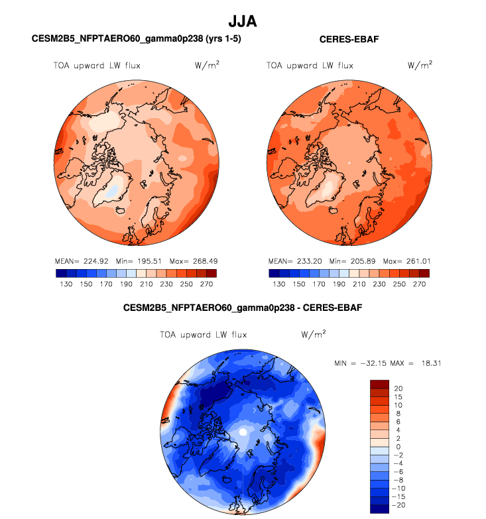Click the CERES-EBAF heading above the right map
click(349, 40)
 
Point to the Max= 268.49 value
click(191, 260)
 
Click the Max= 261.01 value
click(404, 260)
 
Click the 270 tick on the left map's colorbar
click(206, 284)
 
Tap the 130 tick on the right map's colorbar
click(277, 284)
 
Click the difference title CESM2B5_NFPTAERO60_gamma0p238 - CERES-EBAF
click(243, 308)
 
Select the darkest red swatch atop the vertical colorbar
click(379, 384)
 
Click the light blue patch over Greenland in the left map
click(113, 191)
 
